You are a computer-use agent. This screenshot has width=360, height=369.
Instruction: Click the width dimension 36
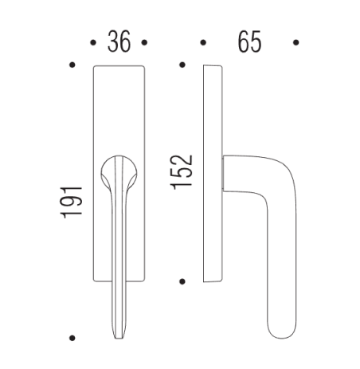[x=119, y=41]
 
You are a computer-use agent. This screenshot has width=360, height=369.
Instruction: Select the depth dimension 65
[x=248, y=41]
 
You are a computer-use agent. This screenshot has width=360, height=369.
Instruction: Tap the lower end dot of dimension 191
[x=72, y=338]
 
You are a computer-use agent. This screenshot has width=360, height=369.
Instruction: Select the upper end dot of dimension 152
[x=183, y=64]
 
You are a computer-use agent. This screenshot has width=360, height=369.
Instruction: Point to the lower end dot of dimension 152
[x=183, y=281]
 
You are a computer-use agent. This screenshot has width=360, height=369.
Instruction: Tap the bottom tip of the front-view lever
[x=120, y=334]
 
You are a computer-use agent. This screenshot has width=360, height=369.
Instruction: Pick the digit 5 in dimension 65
[x=256, y=41]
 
